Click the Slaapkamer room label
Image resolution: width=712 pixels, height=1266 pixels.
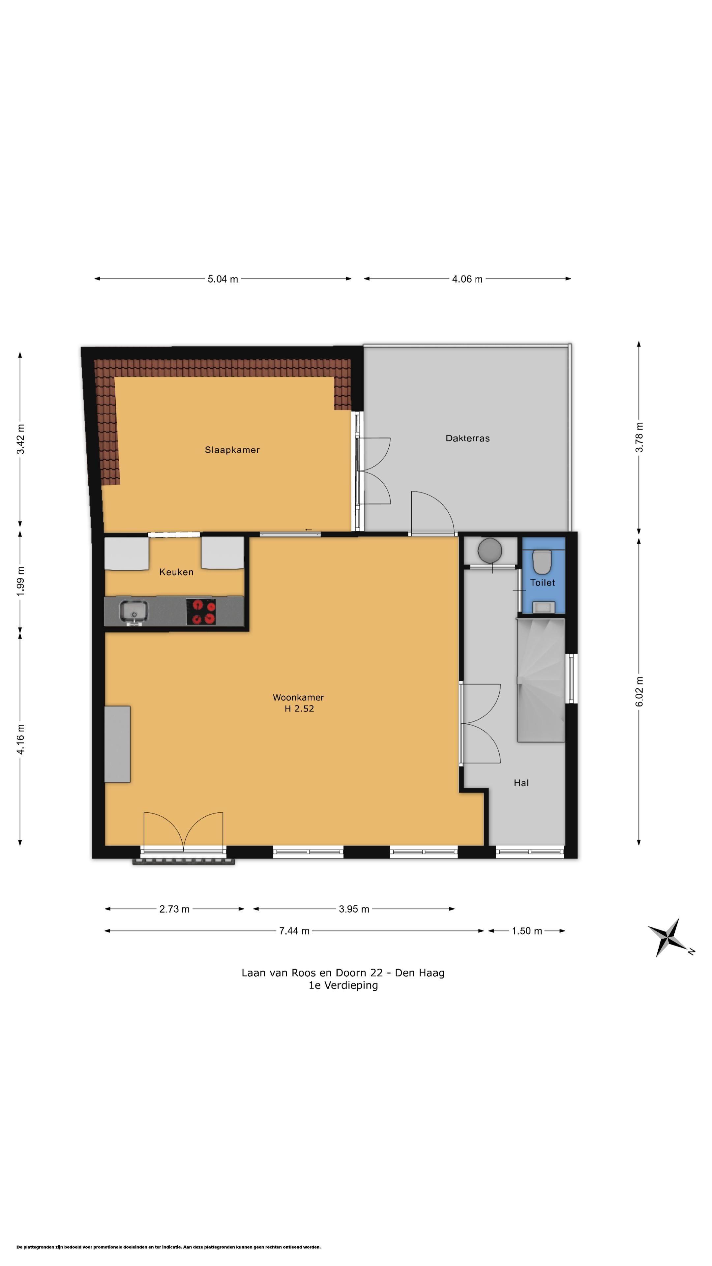pos(232,450)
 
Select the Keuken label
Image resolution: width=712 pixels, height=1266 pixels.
pos(176,572)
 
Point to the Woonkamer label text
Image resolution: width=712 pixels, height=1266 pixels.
pos(298,697)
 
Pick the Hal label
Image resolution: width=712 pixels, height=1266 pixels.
pos(521,783)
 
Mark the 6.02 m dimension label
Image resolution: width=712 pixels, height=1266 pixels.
pos(639,691)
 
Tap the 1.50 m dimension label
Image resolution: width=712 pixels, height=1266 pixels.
pos(527,931)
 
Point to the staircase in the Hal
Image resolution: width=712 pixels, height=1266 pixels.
pos(541,680)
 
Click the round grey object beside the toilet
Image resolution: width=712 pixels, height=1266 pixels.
pos(489,551)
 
